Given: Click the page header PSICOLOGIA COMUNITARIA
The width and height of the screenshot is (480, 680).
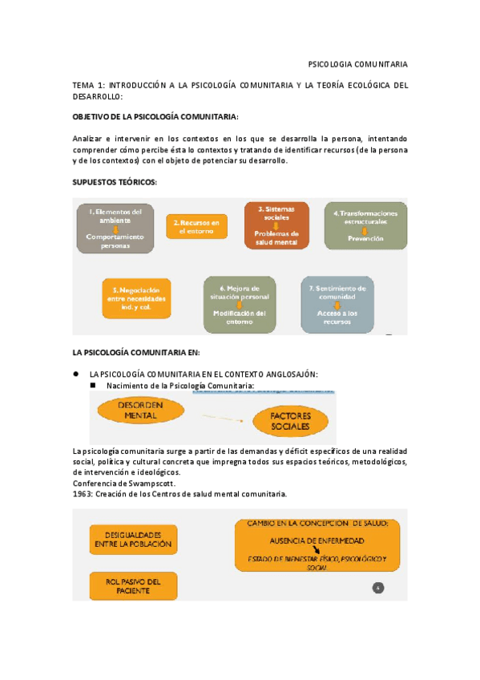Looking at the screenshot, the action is pyautogui.click(x=357, y=63).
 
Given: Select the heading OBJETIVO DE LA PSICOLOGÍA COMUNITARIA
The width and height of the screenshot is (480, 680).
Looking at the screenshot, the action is pyautogui.click(x=155, y=116).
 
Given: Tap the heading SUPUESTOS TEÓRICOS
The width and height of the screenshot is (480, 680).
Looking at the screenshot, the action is pyautogui.click(x=115, y=182).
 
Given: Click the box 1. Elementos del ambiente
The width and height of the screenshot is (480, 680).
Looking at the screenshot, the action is pyautogui.click(x=115, y=228).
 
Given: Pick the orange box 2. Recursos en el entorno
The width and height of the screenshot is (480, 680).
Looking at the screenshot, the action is pyautogui.click(x=196, y=226).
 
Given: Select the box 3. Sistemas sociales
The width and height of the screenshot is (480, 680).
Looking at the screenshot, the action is pyautogui.click(x=276, y=225).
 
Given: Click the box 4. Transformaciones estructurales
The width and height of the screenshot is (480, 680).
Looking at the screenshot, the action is pyautogui.click(x=365, y=225).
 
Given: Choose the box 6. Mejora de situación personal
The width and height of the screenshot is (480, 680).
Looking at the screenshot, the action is pyautogui.click(x=239, y=304).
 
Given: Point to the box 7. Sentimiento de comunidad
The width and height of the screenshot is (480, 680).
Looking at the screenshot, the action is pyautogui.click(x=337, y=304).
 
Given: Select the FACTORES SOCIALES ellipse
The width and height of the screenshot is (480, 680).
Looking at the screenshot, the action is pyautogui.click(x=289, y=422).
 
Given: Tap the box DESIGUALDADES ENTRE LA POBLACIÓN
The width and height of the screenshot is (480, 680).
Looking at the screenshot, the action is pyautogui.click(x=134, y=539).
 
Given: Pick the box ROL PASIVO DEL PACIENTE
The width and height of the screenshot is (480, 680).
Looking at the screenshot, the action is pyautogui.click(x=134, y=585).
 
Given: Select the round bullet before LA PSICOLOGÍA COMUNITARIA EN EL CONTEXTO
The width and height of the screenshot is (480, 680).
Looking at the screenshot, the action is pyautogui.click(x=75, y=374).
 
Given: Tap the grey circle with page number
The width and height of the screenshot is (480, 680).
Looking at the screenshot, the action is pyautogui.click(x=378, y=588).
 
